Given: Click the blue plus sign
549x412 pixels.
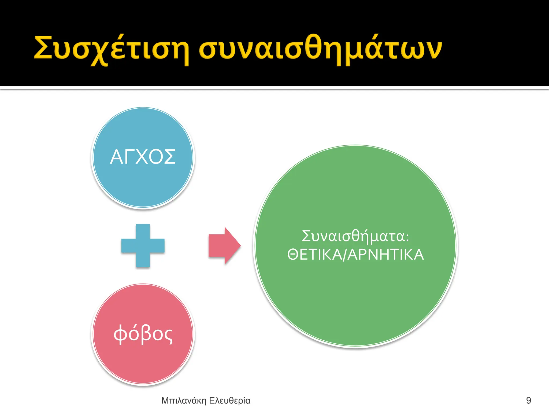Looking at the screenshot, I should click(143, 245).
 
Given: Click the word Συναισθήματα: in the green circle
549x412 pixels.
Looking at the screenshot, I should click(355, 236).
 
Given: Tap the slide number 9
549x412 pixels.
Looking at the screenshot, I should click(528, 400).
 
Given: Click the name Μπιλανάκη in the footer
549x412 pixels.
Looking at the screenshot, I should click(184, 400).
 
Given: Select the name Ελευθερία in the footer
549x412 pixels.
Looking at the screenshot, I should click(229, 400).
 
